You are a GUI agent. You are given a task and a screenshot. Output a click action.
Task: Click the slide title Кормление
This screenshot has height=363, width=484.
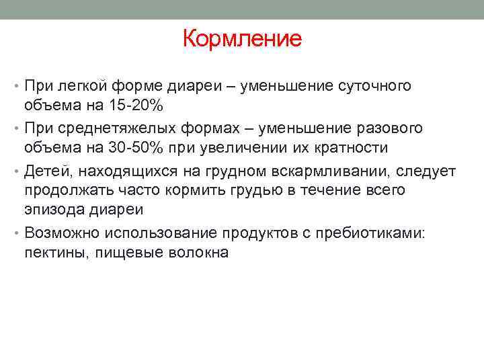(x=242, y=38)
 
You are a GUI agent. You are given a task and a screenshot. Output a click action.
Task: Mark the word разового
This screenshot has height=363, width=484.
(x=389, y=128)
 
